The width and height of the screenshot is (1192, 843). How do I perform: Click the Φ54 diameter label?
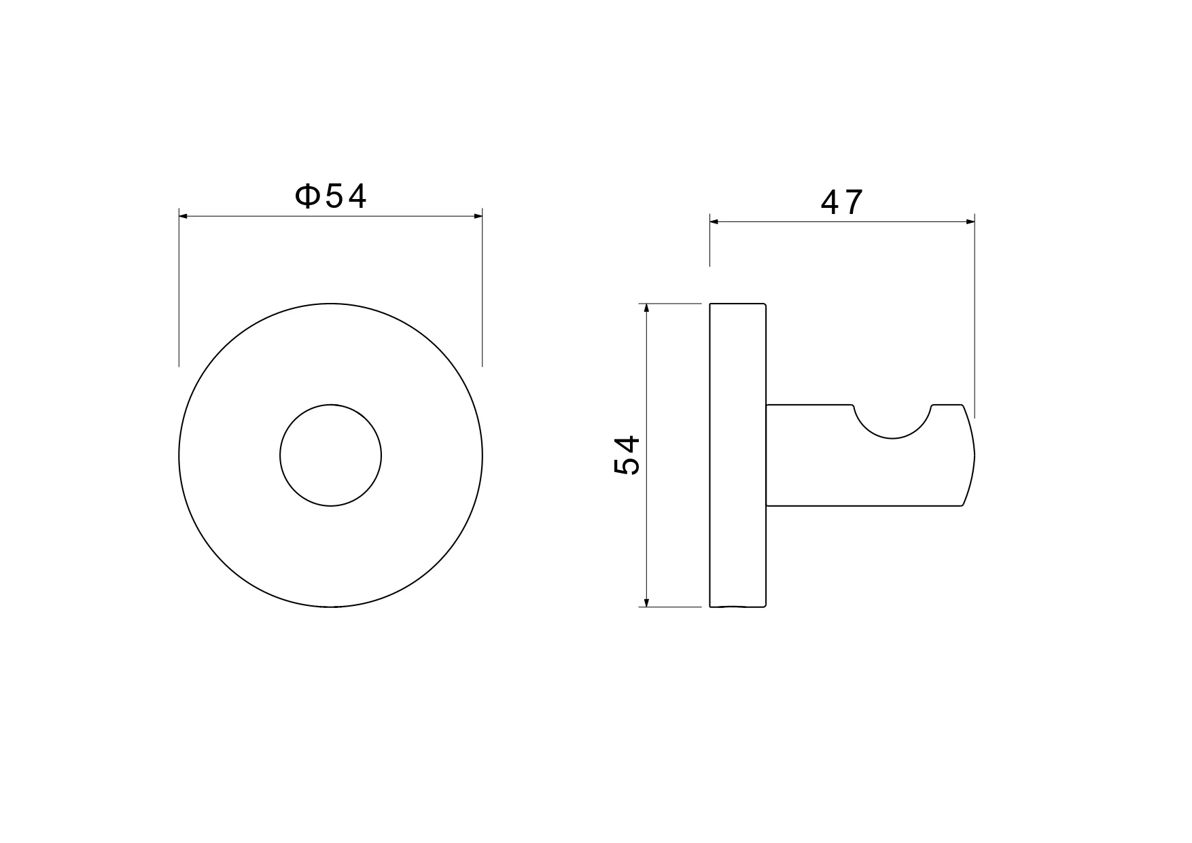[x=330, y=196]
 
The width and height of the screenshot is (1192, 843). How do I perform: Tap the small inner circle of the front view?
[x=280, y=455]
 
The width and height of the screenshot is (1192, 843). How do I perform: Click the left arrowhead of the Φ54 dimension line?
[x=183, y=217]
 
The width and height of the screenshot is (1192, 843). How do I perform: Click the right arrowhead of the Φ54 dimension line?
[x=478, y=217]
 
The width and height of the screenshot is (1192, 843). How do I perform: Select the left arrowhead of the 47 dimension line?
[x=714, y=221]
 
